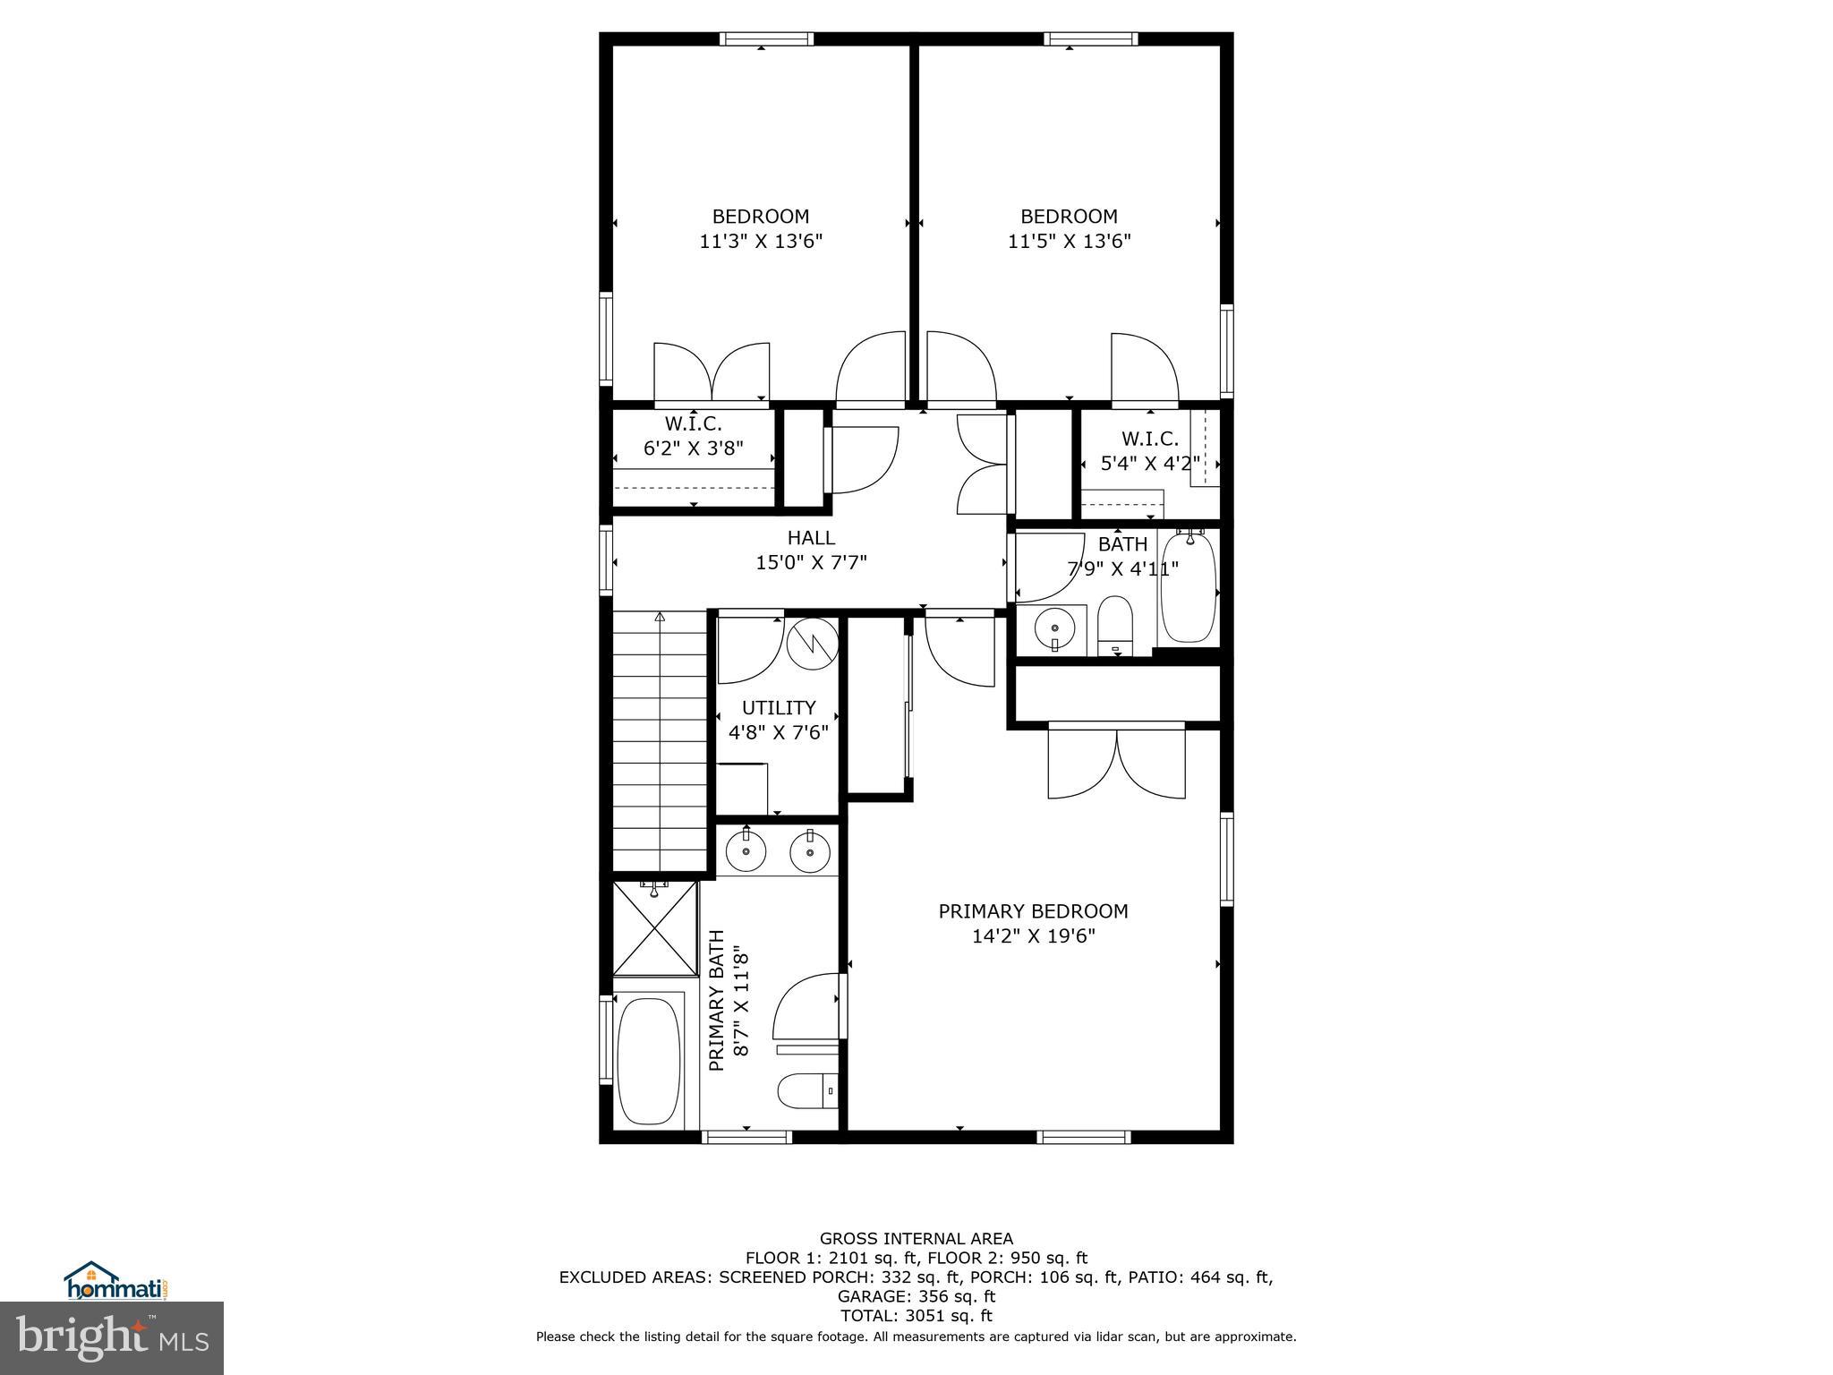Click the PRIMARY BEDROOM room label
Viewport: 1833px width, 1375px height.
click(1033, 911)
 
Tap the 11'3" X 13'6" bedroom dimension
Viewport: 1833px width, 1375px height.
click(760, 242)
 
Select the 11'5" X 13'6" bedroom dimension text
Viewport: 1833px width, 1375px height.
click(1069, 242)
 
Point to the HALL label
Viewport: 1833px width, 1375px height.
click(811, 538)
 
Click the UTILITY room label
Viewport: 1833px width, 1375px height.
click(778, 708)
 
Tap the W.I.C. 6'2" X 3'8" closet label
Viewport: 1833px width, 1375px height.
click(693, 436)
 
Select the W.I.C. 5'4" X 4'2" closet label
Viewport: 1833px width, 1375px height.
click(1149, 451)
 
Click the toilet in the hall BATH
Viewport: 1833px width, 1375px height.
click(1115, 624)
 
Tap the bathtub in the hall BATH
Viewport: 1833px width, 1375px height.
click(1189, 585)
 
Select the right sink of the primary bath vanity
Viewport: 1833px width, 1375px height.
click(810, 851)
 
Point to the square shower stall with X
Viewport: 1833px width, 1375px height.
click(655, 928)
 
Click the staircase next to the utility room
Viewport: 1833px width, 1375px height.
click(660, 739)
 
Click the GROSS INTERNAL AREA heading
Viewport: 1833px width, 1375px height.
click(916, 1239)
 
